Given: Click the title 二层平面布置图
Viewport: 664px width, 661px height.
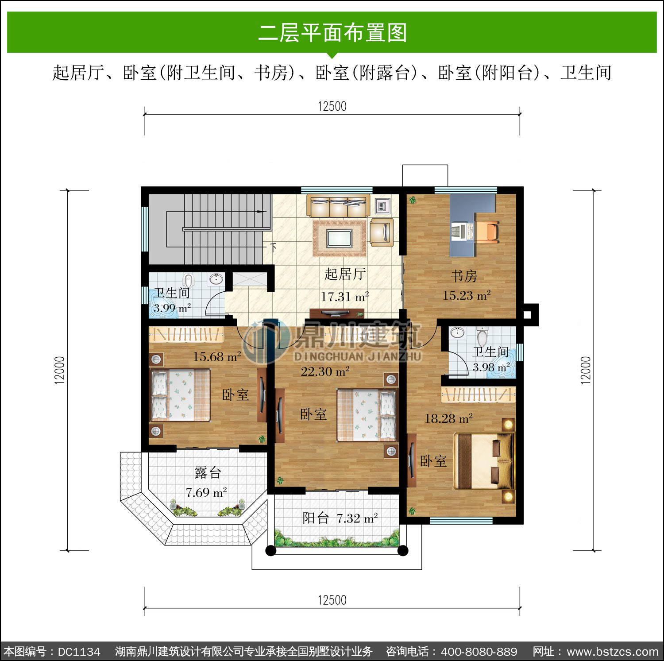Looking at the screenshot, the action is tap(332, 33).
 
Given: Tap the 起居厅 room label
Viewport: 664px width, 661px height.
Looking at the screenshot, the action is tap(345, 274).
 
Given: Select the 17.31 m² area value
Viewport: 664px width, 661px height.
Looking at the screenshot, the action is tap(345, 297).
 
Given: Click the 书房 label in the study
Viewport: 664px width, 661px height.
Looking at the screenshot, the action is tap(464, 276).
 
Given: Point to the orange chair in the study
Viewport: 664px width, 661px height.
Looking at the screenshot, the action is tap(487, 232).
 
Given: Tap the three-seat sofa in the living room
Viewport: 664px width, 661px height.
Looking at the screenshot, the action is tap(339, 206).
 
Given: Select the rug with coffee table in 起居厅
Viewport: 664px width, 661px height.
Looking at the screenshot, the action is tap(340, 238).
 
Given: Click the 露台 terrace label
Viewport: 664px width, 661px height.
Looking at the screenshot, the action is tap(208, 473).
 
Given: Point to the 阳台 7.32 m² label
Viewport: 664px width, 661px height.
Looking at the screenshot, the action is tap(340, 518).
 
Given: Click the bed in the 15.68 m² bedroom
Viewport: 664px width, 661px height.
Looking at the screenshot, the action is tap(181, 395).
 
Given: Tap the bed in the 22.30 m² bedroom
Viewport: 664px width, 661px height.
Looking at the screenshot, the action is tap(367, 415).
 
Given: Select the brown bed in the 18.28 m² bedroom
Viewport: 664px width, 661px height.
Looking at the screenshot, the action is tap(484, 461).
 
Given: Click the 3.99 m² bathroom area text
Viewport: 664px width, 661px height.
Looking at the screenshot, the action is tap(172, 308).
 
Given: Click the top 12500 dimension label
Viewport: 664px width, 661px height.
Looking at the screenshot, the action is tap(332, 106).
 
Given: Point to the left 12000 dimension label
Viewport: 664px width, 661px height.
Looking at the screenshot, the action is tap(60, 370).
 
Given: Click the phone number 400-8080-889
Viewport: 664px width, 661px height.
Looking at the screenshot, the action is tap(479, 651).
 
